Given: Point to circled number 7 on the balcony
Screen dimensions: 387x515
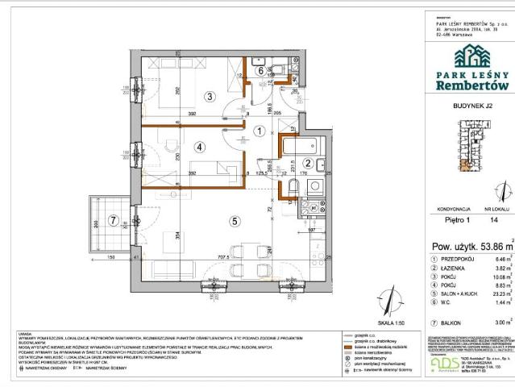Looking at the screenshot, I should point(114,219).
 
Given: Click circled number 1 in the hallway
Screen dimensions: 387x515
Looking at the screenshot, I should point(260,131).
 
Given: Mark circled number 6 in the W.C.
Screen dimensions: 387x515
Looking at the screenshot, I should point(260,70).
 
